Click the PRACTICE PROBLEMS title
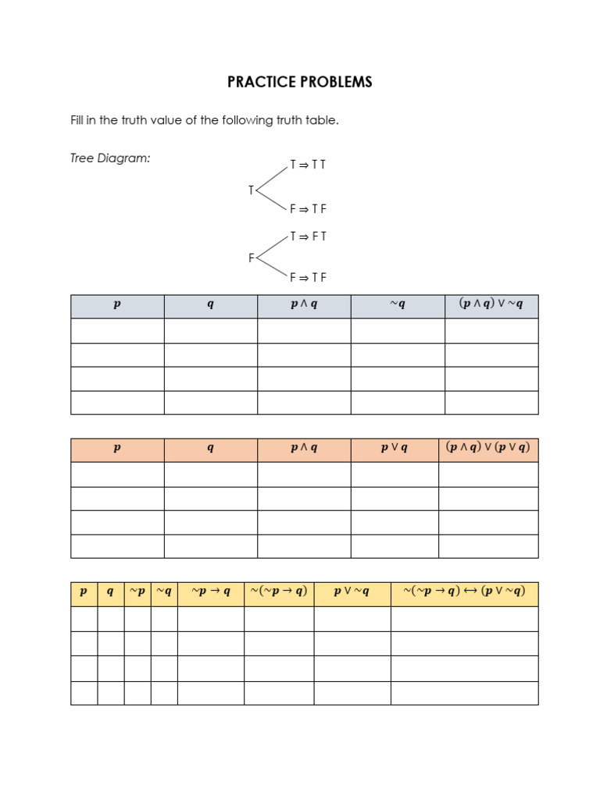300,82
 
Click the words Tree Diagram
110,158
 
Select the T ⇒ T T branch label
308,165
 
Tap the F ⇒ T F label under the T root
308,209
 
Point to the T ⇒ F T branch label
308,236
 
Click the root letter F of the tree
252,258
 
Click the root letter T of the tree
251,190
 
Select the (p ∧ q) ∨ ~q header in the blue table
491,305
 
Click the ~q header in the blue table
398,305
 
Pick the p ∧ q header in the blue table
304,305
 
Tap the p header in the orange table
117,449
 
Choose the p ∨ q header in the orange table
395,449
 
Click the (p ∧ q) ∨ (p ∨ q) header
488,448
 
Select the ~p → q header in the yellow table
211,592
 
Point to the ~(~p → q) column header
279,592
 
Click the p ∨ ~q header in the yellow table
352,592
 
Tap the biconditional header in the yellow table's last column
465,592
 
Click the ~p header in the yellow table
137,592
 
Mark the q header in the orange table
211,449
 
